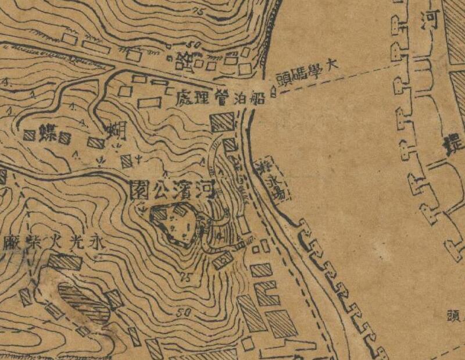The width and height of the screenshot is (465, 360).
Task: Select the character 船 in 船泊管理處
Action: (258, 97)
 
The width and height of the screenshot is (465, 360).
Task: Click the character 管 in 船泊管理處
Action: (220, 98)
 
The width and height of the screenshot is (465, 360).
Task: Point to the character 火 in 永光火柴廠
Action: (51, 240)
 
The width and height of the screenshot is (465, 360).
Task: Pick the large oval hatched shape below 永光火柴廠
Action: (82, 302)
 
